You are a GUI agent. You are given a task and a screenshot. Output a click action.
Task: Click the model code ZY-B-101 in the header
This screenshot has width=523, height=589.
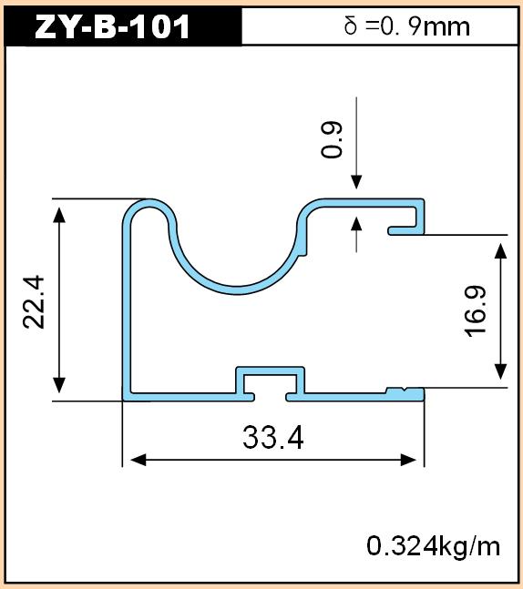[112, 27]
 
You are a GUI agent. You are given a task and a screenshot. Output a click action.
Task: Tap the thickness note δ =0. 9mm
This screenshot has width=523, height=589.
[406, 26]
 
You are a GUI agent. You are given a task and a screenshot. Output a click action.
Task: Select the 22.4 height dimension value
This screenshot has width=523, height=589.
[34, 302]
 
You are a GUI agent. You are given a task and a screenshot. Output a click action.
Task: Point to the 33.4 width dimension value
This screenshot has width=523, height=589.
[273, 438]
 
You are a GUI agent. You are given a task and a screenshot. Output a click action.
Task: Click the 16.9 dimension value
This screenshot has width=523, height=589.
[476, 311]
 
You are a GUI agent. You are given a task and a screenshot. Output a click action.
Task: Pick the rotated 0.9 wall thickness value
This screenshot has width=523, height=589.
[332, 139]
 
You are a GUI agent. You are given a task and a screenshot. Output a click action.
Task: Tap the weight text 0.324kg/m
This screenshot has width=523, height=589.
[434, 546]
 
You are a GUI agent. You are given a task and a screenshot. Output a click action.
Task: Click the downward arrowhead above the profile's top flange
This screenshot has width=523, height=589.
[356, 182]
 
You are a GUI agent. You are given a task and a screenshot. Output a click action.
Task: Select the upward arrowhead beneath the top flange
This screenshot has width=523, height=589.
[356, 224]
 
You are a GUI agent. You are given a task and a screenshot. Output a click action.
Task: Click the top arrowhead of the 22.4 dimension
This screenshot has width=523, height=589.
[59, 215]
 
